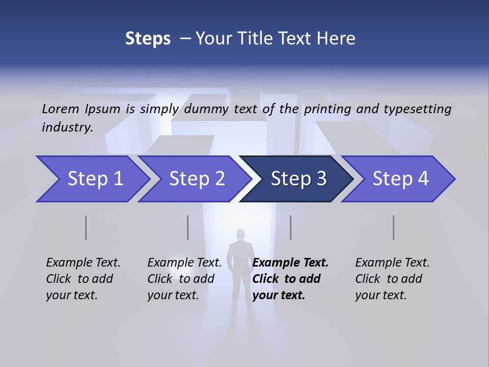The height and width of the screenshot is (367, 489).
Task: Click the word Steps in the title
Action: (148, 39)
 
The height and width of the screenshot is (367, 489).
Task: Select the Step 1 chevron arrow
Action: (94, 179)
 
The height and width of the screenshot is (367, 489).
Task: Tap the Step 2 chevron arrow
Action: (196, 179)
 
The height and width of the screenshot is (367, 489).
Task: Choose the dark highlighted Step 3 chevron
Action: (298, 179)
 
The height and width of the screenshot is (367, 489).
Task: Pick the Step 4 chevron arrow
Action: (400, 179)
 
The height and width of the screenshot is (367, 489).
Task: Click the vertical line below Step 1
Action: (86, 227)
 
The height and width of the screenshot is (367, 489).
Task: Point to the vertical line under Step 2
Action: (188, 227)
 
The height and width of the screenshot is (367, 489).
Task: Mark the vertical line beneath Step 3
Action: (291, 227)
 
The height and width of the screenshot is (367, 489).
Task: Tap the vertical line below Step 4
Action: (394, 227)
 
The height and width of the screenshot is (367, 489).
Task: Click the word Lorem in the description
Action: (61, 109)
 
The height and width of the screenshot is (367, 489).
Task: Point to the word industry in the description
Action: (67, 127)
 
